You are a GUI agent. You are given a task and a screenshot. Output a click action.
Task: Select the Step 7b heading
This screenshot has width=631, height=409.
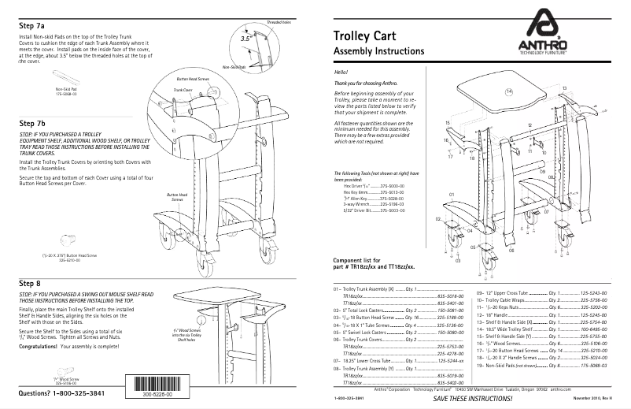point(32,124)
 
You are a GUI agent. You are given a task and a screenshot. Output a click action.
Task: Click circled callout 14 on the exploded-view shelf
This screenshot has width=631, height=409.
point(508,91)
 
